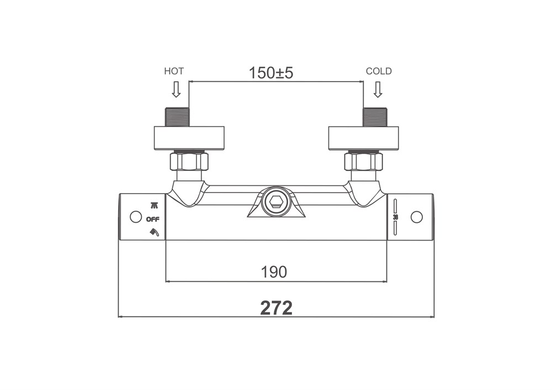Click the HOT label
[x=174, y=71]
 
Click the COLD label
[x=379, y=71]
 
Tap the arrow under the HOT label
[x=176, y=89]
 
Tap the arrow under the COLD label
[x=378, y=89]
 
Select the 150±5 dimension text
[x=270, y=73]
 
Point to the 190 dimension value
[x=274, y=272]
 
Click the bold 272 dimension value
[x=277, y=308]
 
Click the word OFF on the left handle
[x=153, y=220]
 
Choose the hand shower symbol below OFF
[x=154, y=232]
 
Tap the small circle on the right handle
[x=416, y=217]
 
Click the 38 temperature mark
[x=395, y=217]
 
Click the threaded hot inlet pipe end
[x=177, y=116]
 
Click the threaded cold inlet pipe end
[x=375, y=116]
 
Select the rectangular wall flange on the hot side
[x=189, y=138]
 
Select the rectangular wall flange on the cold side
[x=363, y=138]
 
